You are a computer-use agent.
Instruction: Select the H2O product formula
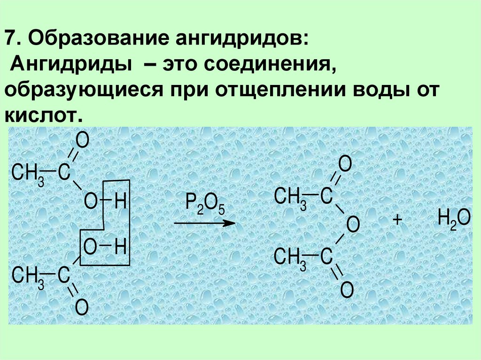coord(453,219)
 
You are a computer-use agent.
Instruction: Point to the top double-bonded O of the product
coord(345,165)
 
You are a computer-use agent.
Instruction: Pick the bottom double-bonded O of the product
coord(346,290)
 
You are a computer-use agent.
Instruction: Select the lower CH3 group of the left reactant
coord(28,275)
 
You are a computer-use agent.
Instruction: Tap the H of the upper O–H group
coord(120,202)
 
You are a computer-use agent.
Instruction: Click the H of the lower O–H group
coord(120,246)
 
